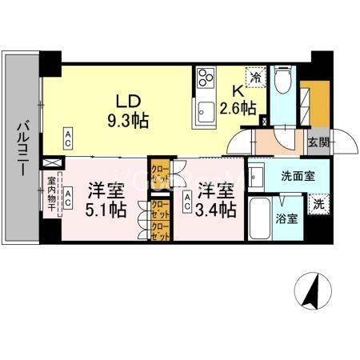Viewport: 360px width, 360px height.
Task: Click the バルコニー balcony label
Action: click(22, 147)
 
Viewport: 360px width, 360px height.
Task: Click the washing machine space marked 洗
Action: click(318, 204)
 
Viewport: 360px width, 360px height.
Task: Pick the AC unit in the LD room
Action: click(69, 138)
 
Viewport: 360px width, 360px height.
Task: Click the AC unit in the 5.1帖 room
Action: click(69, 195)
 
